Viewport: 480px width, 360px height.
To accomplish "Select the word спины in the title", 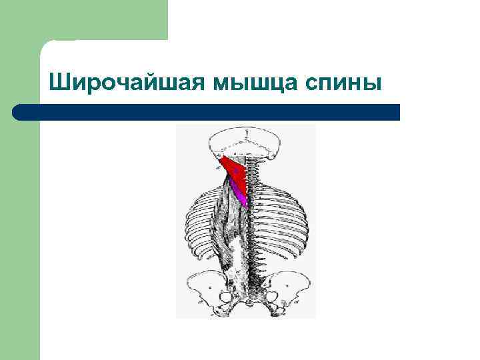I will [344, 83].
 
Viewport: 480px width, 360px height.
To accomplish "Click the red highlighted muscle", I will [234, 171].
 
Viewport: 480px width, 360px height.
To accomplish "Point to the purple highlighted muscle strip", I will [240, 195].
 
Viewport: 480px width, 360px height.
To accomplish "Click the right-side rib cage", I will [280, 220].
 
